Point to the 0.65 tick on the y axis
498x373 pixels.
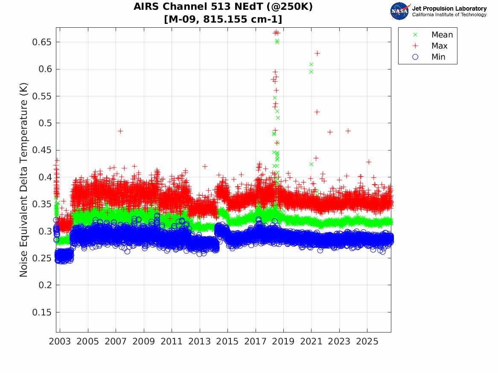(41, 42)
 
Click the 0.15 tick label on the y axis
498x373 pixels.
(41, 312)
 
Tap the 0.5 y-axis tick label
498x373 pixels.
(45, 123)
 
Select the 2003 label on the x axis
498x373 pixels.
(60, 341)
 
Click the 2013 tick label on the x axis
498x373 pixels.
(199, 341)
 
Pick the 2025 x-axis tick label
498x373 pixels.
(367, 341)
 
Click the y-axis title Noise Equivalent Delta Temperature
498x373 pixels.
(23, 180)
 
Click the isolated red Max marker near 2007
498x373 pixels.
(120, 131)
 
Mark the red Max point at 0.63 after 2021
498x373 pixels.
(317, 53)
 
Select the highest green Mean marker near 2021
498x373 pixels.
(311, 64)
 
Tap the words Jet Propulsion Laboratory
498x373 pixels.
(449, 9)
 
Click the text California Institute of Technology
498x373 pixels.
(449, 14)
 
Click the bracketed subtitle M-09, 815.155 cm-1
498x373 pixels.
(223, 19)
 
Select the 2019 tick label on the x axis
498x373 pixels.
(283, 341)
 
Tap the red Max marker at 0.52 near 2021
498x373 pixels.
(317, 112)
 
